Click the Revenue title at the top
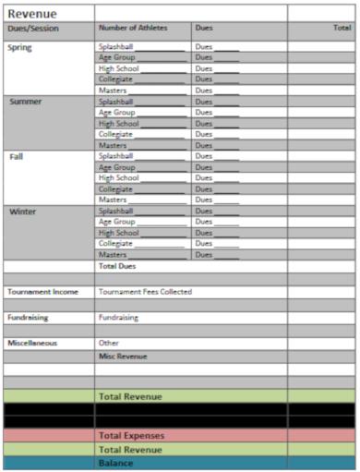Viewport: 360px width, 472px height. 32,13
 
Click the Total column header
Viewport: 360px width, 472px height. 341,29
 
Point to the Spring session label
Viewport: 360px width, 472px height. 18,46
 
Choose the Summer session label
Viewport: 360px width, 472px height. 25,102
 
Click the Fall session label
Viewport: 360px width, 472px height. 17,156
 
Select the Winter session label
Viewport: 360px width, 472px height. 23,212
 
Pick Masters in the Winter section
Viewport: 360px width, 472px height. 113,255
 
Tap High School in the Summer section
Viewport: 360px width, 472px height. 119,124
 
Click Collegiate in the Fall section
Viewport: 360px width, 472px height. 116,189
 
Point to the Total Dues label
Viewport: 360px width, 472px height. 117,266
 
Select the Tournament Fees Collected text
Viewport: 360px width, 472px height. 145,292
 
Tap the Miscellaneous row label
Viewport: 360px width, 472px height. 33,343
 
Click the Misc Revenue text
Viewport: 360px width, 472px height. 123,356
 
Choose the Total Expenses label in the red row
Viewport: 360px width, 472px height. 131,435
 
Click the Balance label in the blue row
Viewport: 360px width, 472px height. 115,463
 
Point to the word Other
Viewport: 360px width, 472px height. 109,343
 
